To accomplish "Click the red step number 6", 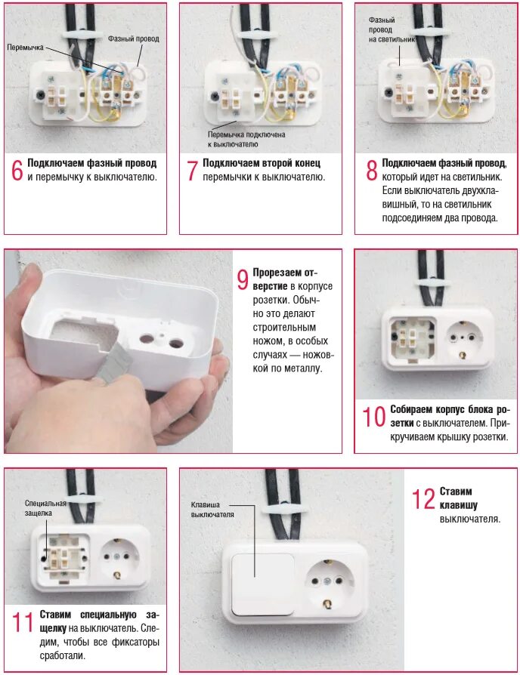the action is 17,171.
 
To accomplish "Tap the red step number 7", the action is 192,171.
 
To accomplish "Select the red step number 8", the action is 371,171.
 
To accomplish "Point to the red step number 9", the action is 243,279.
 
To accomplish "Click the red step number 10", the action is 373,417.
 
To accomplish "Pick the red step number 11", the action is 23,622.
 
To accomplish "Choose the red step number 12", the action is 423,499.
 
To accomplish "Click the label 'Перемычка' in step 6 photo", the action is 26,48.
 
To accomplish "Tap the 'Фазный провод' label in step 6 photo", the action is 134,39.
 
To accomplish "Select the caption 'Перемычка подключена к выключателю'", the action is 246,140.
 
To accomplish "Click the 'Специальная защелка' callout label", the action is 45,508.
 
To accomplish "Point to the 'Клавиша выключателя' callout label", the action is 212,510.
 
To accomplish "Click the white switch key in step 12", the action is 263,584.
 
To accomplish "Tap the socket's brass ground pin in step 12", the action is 328,603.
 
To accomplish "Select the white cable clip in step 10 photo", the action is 432,284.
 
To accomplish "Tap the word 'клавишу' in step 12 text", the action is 458,505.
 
